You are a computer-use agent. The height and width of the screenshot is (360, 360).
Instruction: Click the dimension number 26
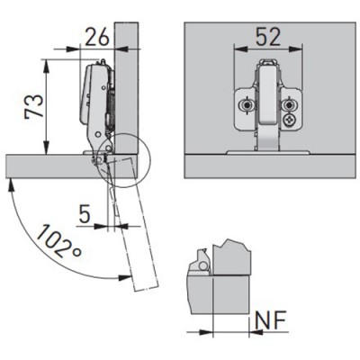tap(97, 37)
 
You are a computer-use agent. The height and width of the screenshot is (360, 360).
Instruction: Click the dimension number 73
tap(33, 107)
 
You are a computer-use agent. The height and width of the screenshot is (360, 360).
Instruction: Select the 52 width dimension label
tap(268, 37)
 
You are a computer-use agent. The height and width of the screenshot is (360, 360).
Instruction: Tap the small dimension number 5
tap(85, 214)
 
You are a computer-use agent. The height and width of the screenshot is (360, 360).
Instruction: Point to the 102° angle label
tap(58, 241)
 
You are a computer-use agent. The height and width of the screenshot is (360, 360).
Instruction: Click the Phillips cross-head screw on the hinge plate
tap(290, 121)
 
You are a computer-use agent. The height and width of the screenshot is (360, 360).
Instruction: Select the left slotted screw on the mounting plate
tap(247, 105)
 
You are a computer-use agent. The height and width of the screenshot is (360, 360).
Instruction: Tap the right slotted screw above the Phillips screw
tap(289, 105)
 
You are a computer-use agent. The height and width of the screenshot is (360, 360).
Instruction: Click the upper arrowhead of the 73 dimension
tap(46, 65)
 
